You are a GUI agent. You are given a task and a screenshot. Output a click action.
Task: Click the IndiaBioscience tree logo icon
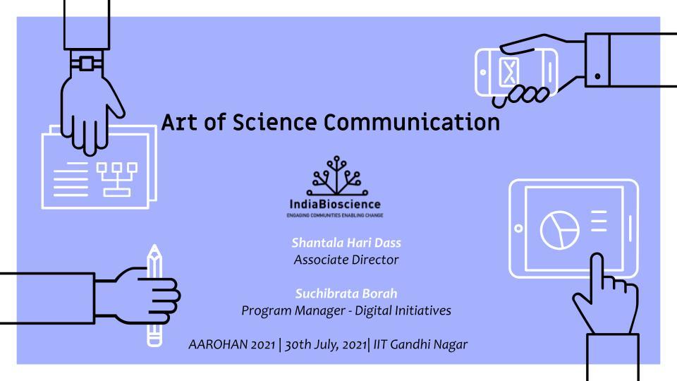coord(337,176)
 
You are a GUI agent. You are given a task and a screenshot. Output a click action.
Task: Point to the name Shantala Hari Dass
coord(346,243)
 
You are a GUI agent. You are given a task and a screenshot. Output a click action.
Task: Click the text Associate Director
coord(346,260)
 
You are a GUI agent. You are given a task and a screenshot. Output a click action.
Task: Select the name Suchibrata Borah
coord(346,294)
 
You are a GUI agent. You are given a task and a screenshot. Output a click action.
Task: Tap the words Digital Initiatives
coord(403,310)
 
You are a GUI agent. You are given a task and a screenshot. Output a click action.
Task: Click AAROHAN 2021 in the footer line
coord(232,344)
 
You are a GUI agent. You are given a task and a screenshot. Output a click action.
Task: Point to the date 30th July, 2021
coord(326,345)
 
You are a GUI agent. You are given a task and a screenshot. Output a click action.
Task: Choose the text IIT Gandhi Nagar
coord(420,344)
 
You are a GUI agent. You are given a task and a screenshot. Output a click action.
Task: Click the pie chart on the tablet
coord(559,230)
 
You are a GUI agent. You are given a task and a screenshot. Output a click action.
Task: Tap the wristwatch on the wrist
coord(87,64)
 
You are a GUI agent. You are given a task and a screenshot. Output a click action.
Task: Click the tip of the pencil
coord(154,246)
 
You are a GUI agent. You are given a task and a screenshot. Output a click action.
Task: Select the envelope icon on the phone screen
coord(508,71)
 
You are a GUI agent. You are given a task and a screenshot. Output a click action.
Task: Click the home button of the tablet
coord(518,228)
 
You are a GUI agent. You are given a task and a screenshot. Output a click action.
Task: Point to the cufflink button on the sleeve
coord(597,76)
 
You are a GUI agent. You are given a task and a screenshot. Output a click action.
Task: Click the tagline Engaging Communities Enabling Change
coord(335,215)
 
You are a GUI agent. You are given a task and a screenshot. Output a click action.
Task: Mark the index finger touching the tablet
coord(597,272)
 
